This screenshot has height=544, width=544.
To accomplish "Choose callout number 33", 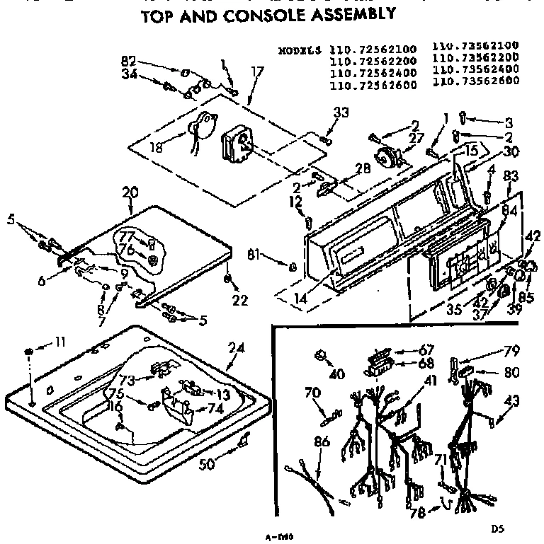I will (x=342, y=112).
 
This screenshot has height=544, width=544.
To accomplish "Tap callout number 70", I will (x=312, y=393).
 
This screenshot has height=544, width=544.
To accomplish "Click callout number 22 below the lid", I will (x=240, y=300).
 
